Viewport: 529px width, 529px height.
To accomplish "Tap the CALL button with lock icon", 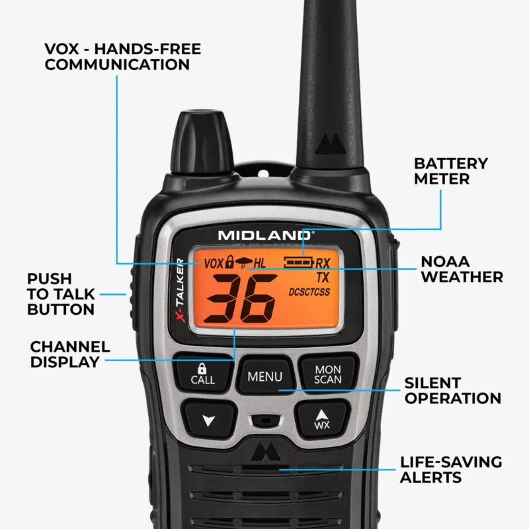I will (202, 374).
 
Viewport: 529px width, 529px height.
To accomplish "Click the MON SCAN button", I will (328, 374).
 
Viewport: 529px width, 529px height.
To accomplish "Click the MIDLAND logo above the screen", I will (266, 235).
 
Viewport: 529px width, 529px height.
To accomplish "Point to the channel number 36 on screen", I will (238, 300).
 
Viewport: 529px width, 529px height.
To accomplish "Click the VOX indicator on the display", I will (214, 263).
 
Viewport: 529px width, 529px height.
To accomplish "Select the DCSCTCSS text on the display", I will (309, 292).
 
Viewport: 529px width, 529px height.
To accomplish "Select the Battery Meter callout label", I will (451, 171).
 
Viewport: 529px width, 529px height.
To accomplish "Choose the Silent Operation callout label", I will (452, 390).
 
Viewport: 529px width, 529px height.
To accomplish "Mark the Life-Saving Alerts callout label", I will (451, 469).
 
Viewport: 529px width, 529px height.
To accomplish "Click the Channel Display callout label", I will (70, 354).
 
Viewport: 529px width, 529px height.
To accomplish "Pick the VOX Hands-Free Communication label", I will (122, 57).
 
